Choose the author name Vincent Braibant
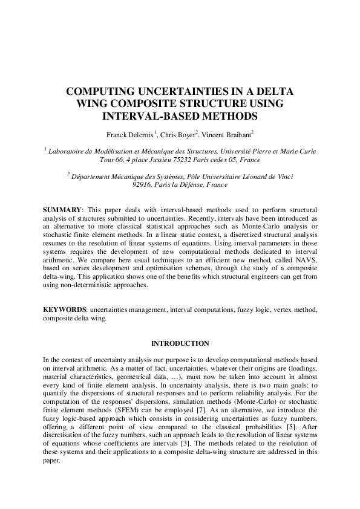(x=227, y=133)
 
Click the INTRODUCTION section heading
(x=180, y=343)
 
